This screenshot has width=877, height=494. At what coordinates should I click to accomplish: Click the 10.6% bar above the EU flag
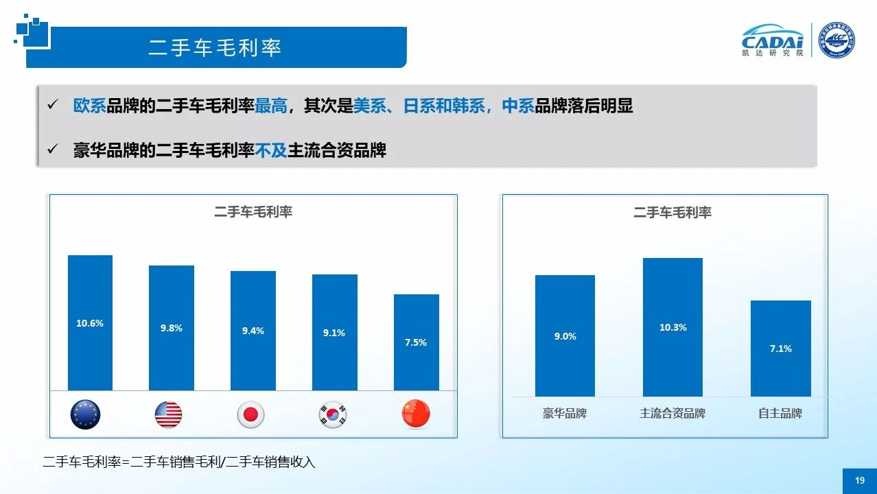pyautogui.click(x=90, y=322)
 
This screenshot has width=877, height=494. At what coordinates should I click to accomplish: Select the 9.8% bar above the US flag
pyautogui.click(x=172, y=328)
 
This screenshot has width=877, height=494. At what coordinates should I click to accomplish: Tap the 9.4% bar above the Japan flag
pyautogui.click(x=253, y=331)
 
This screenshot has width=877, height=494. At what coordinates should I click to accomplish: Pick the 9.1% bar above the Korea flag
pyautogui.click(x=334, y=333)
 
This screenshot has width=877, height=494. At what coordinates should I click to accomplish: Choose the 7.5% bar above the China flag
pyautogui.click(x=416, y=342)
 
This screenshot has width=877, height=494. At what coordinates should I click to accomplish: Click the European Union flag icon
pyautogui.click(x=86, y=414)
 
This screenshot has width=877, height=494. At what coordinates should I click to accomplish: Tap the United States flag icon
pyautogui.click(x=168, y=414)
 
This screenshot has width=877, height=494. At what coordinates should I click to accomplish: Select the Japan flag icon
pyautogui.click(x=250, y=414)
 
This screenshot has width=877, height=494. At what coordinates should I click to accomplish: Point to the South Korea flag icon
pyautogui.click(x=333, y=414)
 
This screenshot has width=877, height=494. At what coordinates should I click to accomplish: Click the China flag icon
pyautogui.click(x=416, y=414)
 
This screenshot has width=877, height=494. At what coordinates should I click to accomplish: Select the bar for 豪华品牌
pyautogui.click(x=565, y=336)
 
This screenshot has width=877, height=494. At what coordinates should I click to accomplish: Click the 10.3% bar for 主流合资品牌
pyautogui.click(x=673, y=327)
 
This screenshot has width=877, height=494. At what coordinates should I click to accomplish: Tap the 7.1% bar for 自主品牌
pyautogui.click(x=780, y=349)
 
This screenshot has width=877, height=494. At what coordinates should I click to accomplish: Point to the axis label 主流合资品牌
pyautogui.click(x=673, y=414)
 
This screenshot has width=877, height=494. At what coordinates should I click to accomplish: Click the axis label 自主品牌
pyautogui.click(x=780, y=414)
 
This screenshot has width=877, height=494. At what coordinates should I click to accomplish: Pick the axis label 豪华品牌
pyautogui.click(x=565, y=414)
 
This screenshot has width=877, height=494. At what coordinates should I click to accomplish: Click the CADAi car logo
pyautogui.click(x=773, y=39)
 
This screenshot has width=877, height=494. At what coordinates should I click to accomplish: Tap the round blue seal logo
pyautogui.click(x=837, y=40)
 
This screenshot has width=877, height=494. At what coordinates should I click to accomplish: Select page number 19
pyautogui.click(x=860, y=481)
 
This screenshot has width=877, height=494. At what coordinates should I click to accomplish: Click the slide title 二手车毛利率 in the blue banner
pyautogui.click(x=215, y=47)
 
